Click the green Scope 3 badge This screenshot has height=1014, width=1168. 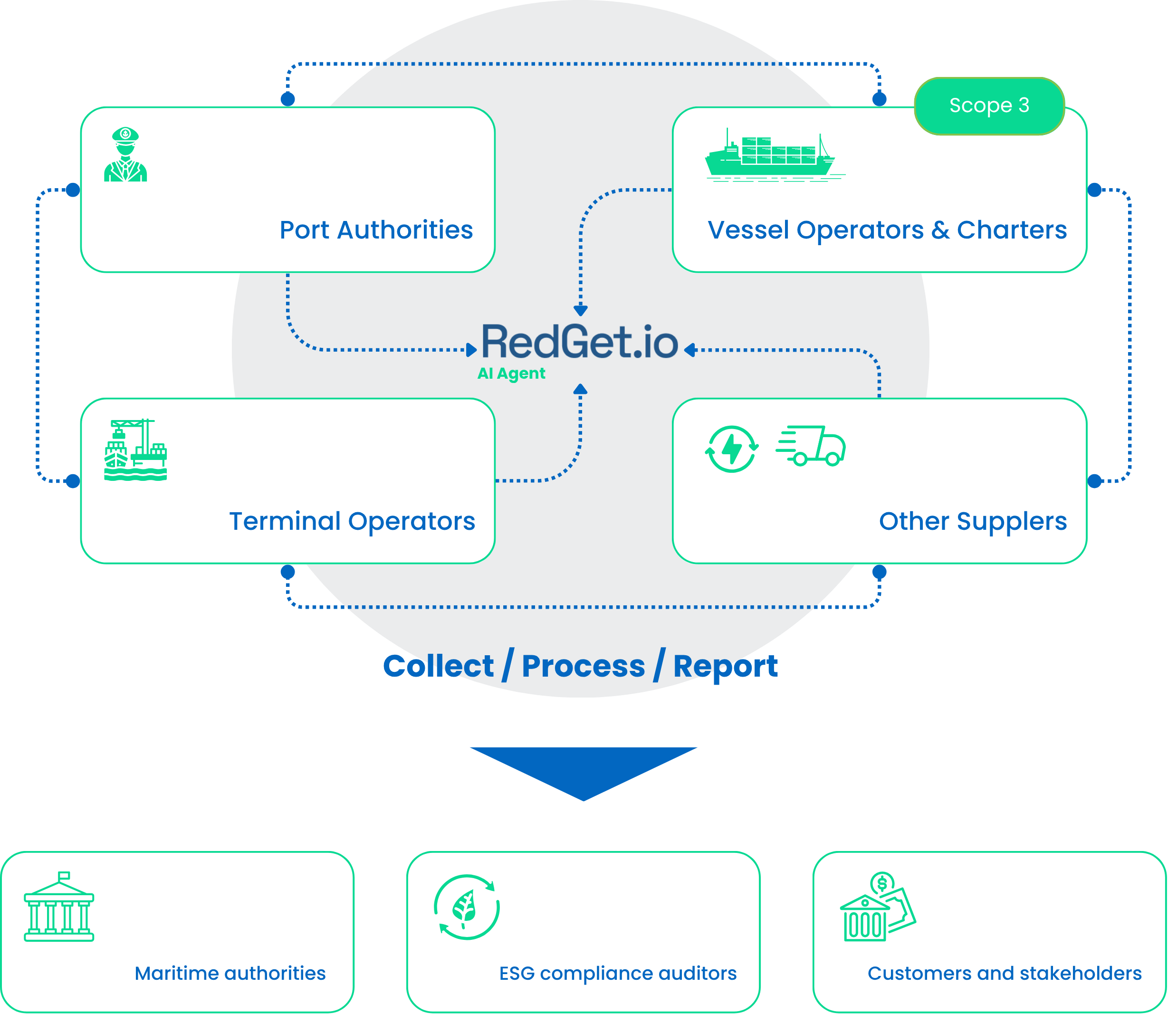click(x=989, y=106)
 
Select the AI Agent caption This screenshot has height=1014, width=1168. click(x=511, y=373)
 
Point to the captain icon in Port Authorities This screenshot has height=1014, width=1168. click(x=125, y=154)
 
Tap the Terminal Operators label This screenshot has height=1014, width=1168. click(x=352, y=521)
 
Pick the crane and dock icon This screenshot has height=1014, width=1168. click(x=136, y=450)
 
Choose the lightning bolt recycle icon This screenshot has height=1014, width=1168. click(x=732, y=449)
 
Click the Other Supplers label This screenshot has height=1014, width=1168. click(x=972, y=521)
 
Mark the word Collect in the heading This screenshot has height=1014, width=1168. click(x=439, y=666)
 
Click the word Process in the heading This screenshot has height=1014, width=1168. click(x=583, y=667)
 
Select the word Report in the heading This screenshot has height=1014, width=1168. click(x=725, y=667)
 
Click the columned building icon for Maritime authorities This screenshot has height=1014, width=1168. click(x=59, y=907)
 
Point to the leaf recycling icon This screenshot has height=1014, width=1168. click(x=467, y=907)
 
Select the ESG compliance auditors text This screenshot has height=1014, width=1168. click(x=617, y=973)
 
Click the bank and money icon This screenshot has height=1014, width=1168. click(x=877, y=907)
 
